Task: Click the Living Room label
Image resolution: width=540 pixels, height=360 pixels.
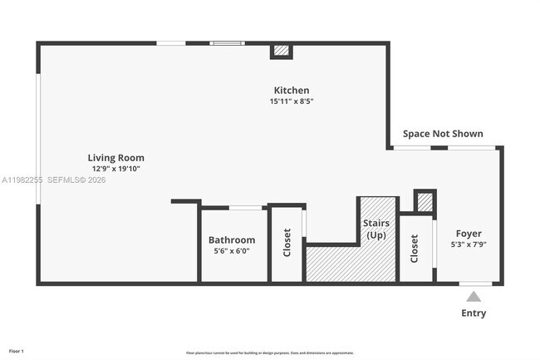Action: (116, 157)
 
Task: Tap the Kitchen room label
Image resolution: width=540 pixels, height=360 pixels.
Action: (292, 90)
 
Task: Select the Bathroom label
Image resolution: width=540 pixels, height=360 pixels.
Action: (232, 240)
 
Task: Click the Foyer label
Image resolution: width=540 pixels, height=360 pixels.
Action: (469, 234)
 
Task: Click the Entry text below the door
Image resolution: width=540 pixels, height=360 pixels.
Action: (474, 313)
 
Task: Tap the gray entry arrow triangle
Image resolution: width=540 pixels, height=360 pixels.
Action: (474, 296)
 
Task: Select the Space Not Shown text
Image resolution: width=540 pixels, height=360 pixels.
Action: (443, 134)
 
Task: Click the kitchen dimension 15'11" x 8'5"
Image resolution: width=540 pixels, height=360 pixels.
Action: (292, 101)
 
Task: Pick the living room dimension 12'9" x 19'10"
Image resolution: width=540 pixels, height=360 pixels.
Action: (116, 169)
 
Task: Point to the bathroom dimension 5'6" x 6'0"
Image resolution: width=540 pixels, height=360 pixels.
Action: (232, 252)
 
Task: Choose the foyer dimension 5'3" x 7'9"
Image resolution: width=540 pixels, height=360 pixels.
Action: (469, 244)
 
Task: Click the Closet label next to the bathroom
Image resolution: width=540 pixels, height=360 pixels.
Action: (287, 243)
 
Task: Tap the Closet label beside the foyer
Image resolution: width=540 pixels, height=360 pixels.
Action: (415, 249)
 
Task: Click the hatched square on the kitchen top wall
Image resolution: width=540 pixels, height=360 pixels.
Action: (282, 51)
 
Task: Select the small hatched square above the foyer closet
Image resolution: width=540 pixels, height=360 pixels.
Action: (424, 201)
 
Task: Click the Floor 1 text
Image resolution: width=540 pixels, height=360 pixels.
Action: (17, 353)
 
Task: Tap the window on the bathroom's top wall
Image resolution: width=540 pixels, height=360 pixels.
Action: (246, 207)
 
